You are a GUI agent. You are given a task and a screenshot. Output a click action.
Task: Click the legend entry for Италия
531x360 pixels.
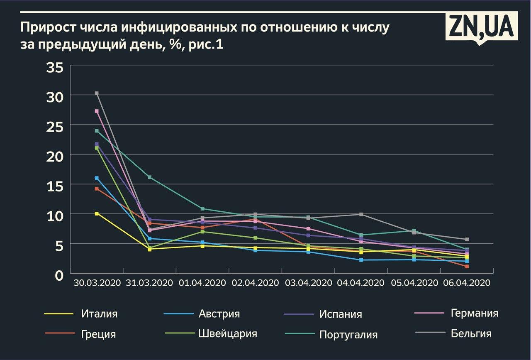pyautogui.click(x=99, y=313)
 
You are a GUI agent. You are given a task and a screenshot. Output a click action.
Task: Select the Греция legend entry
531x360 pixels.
pyautogui.click(x=98, y=334)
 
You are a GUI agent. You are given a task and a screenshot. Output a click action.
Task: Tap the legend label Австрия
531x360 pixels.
pyautogui.click(x=219, y=313)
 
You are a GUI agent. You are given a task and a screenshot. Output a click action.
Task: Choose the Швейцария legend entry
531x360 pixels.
pyautogui.click(x=227, y=333)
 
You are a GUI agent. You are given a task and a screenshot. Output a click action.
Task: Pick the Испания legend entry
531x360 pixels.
pyautogui.click(x=341, y=314)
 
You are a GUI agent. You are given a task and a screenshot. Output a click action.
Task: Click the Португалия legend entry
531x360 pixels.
pyautogui.click(x=348, y=335)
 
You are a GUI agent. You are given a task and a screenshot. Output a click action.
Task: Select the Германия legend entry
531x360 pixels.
pyautogui.click(x=474, y=313)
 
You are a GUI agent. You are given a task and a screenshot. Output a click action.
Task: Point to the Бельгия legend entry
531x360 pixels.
pyautogui.click(x=471, y=333)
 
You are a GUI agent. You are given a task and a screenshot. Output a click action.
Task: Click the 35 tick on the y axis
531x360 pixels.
pyautogui.click(x=55, y=67)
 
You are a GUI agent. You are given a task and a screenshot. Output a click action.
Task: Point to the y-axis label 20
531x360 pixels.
pyautogui.click(x=55, y=157)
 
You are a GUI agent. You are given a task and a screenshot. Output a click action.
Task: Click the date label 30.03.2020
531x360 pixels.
pyautogui.click(x=97, y=283)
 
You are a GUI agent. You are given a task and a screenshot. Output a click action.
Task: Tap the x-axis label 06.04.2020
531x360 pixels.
pyautogui.click(x=467, y=283)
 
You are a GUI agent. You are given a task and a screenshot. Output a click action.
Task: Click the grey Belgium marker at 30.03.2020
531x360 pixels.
pyautogui.click(x=97, y=93)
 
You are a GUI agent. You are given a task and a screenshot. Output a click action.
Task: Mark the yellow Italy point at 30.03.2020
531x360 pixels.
pyautogui.click(x=97, y=213)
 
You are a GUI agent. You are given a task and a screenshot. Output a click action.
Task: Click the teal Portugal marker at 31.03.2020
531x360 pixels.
pyautogui.click(x=150, y=177)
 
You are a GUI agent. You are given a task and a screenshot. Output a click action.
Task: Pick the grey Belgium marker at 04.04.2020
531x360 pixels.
pyautogui.click(x=361, y=214)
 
